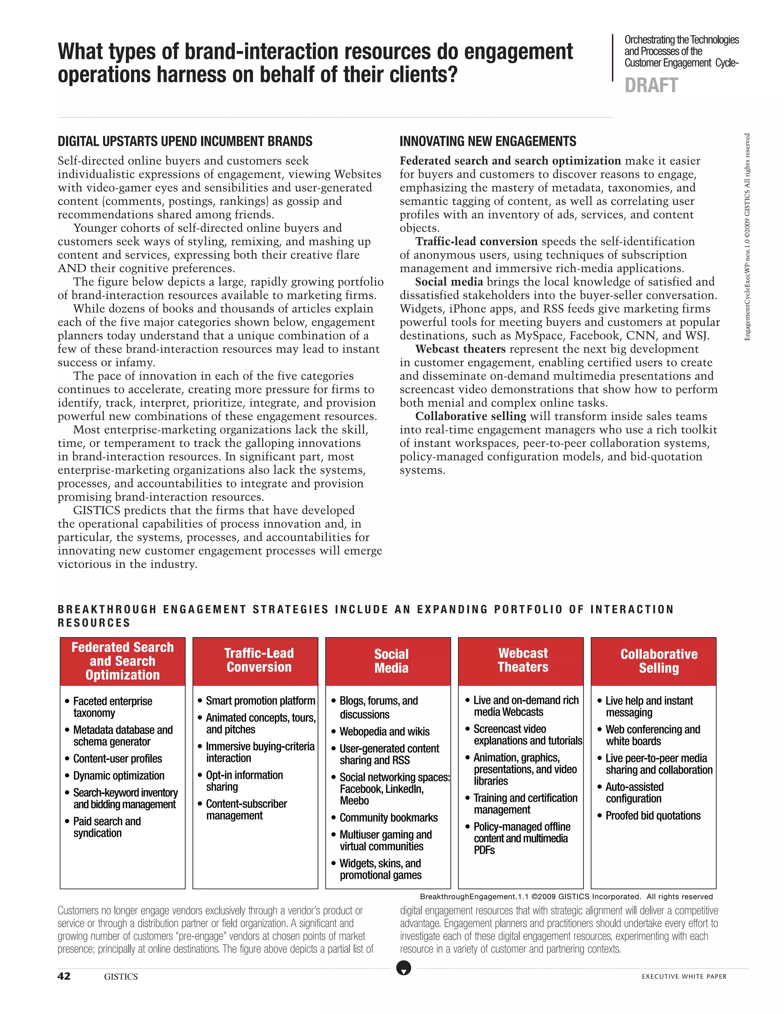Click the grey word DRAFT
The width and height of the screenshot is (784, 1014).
point(651,85)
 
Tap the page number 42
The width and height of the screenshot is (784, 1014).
point(64,976)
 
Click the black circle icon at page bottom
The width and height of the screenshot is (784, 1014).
point(403,968)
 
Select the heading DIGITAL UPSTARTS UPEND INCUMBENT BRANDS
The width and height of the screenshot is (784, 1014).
point(185,141)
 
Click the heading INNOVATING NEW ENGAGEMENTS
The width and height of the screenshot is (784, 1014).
point(488,141)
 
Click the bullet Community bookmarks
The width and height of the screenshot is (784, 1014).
point(388,817)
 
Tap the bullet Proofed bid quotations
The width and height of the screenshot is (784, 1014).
point(653,815)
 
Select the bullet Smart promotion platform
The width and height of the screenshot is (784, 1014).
point(260,701)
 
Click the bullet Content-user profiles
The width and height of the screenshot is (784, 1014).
point(118,759)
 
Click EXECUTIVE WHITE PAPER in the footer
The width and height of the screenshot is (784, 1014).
point(684,977)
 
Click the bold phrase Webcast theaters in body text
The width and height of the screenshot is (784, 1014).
point(460,349)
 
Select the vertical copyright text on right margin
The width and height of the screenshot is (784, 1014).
point(747,237)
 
